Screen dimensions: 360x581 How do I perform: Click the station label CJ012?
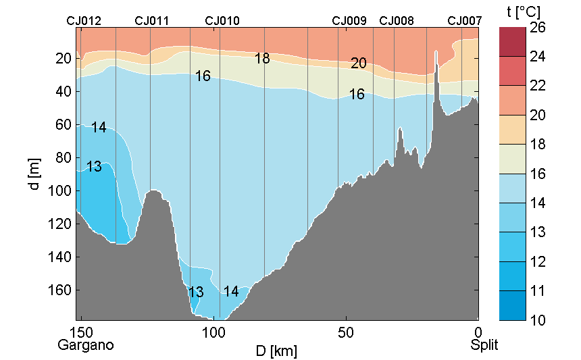point(84,21)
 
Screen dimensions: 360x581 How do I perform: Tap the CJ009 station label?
point(349,21)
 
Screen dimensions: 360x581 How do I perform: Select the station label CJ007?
point(465,21)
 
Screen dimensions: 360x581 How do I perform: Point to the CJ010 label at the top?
point(222,21)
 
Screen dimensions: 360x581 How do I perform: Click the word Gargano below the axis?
point(85,345)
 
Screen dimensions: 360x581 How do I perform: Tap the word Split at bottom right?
point(484,345)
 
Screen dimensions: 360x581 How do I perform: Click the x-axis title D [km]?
point(276,351)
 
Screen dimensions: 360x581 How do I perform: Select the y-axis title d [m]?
point(34,174)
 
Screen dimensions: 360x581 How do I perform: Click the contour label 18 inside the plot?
point(262,59)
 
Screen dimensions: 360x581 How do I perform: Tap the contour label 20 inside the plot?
point(359,63)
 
